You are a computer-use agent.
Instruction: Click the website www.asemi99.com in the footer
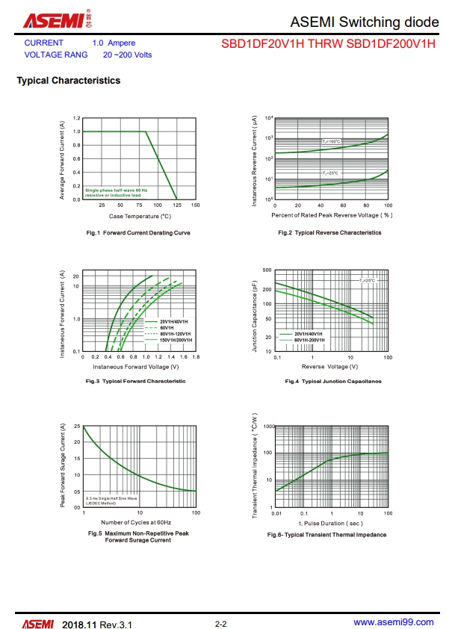393,622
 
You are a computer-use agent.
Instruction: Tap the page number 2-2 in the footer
220,623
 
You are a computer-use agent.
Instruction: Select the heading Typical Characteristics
68,81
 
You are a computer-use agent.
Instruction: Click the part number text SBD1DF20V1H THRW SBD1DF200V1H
328,44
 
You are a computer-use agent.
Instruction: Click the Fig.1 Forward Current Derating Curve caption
138,232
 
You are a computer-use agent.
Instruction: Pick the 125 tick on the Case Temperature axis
177,204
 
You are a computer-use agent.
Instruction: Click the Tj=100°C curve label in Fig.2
331,141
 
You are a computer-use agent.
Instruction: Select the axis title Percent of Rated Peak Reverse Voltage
332,215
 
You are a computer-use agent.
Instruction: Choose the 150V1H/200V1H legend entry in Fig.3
175,340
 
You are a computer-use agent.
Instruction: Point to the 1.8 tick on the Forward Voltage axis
196,357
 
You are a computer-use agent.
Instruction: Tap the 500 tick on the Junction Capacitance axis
267,270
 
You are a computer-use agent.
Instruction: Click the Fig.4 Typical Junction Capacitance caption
333,381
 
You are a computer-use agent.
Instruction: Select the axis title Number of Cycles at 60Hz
136,521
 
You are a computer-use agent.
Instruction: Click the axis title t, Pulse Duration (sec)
332,523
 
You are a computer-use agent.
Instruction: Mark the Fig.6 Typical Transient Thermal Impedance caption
326,535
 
